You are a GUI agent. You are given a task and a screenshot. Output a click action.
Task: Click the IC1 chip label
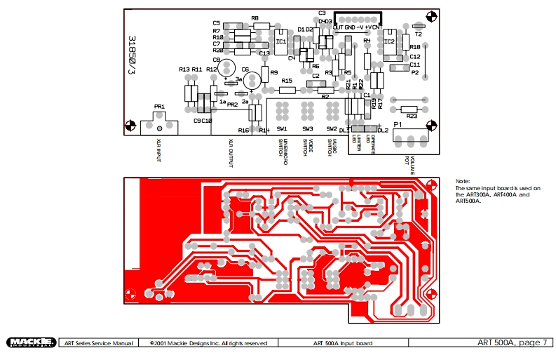point(280,41)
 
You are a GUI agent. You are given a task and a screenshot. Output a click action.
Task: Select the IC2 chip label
point(390,41)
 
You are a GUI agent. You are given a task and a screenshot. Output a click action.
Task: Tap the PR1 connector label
point(159,107)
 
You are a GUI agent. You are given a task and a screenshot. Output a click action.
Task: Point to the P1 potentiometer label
point(398,124)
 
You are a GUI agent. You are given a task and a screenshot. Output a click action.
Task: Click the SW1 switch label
point(282,129)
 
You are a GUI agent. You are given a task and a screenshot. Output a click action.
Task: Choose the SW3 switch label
point(307,129)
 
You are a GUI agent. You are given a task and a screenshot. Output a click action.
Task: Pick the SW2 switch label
point(332,129)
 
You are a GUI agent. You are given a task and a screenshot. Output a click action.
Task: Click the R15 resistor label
point(287,81)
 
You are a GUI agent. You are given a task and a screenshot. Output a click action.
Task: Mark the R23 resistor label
point(411,116)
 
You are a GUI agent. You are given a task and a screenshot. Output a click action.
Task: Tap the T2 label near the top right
point(419,33)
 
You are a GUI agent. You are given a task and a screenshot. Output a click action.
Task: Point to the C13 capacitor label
point(264,53)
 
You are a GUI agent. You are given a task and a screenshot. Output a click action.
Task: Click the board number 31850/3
point(131,56)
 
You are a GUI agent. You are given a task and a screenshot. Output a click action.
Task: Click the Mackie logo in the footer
point(31,342)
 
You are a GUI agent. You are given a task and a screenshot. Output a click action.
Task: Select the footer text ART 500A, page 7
point(510,342)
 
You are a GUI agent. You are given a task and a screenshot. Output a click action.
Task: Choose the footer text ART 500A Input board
point(343,343)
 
